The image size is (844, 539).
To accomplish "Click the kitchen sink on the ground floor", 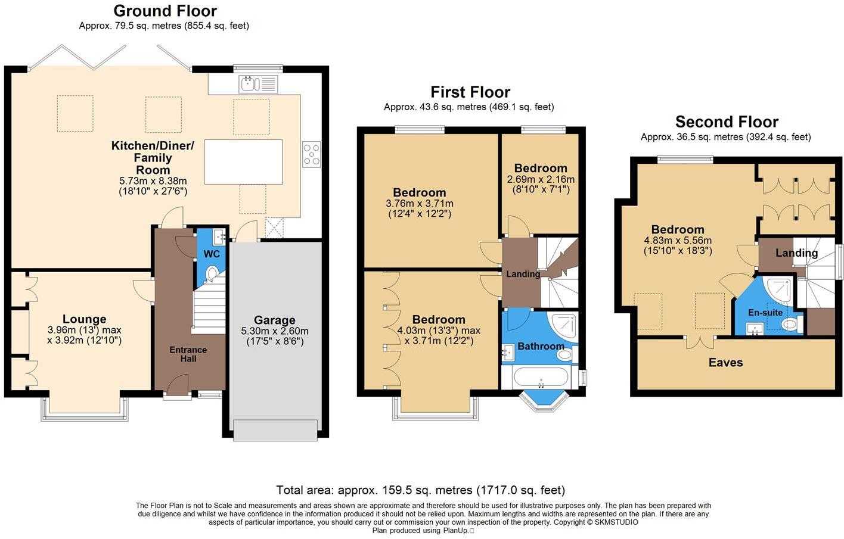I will (x=258, y=84).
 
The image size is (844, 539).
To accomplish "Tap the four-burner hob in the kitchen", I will (x=311, y=154).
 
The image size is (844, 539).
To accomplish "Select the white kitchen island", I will (x=243, y=162).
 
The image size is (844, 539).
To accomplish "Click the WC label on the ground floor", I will (x=212, y=254).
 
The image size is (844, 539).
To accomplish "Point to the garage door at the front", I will (x=275, y=430).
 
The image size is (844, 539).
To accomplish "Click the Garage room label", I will (x=275, y=320).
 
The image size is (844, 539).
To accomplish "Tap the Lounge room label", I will (x=85, y=319).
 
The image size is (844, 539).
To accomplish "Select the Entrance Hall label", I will (x=188, y=354).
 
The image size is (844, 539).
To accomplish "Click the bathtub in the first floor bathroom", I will (x=541, y=378).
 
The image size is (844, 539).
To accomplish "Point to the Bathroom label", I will (x=541, y=346).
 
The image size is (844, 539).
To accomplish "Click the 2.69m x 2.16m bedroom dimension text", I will (x=541, y=179).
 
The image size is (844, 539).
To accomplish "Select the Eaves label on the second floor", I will (x=725, y=362).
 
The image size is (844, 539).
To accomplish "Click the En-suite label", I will (x=765, y=313).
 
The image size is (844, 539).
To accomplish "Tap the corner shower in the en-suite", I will (x=778, y=289).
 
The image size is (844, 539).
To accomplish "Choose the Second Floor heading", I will (x=727, y=122).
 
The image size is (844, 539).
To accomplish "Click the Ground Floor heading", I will (x=165, y=11).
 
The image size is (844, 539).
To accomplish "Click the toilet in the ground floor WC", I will (x=212, y=274).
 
